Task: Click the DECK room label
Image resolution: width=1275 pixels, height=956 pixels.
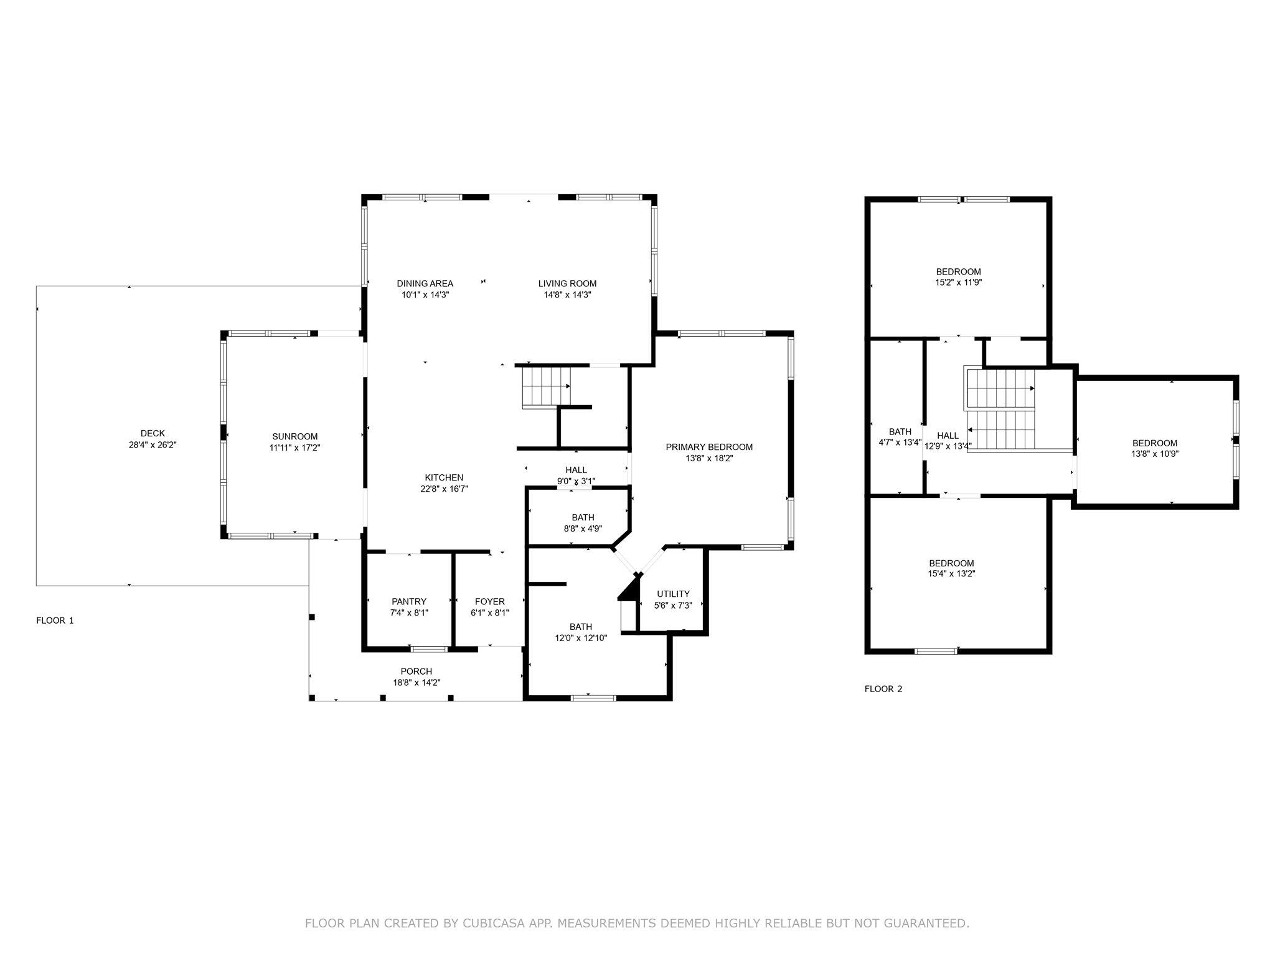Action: (153, 433)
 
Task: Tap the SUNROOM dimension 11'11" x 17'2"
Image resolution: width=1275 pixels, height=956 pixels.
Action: (294, 448)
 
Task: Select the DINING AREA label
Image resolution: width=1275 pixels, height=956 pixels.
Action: (425, 284)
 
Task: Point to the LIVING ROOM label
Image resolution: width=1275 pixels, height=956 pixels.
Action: (567, 284)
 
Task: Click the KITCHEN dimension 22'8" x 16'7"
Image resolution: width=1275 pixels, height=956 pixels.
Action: (443, 489)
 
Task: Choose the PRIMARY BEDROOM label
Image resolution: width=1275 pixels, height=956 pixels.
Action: (709, 447)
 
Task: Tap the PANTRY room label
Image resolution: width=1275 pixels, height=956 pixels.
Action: (409, 601)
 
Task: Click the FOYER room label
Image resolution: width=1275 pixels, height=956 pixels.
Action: (490, 601)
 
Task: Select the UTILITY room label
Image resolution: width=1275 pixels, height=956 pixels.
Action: (673, 594)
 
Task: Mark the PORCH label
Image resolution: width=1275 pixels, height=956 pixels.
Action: (416, 671)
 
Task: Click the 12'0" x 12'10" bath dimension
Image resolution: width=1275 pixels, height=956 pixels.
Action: (580, 638)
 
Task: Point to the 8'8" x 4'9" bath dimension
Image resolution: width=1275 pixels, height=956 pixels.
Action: (583, 529)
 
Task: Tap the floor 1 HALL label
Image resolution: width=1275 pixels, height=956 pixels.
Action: (576, 470)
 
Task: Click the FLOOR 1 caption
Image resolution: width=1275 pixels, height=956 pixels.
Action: (55, 621)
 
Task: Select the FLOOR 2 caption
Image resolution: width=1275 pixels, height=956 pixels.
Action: (883, 689)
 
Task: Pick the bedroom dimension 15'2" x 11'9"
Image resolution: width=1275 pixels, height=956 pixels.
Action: (958, 283)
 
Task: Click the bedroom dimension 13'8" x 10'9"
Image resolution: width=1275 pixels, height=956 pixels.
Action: (1154, 454)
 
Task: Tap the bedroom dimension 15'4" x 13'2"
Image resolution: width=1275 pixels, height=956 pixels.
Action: (951, 574)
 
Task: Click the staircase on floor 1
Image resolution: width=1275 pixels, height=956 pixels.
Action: (546, 387)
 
